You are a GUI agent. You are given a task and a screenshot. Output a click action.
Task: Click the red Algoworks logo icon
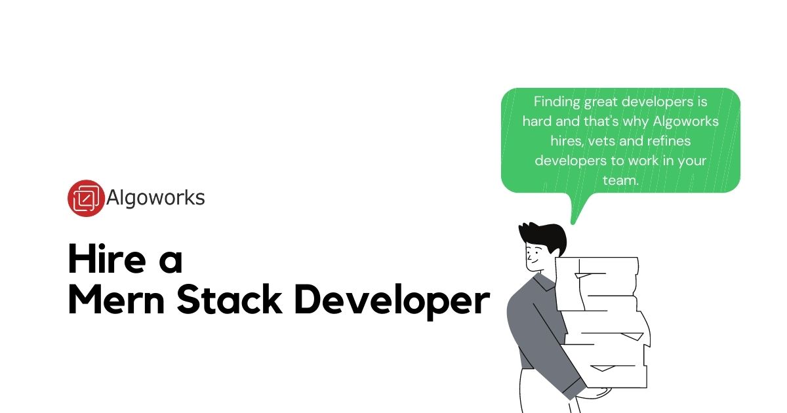coord(86,198)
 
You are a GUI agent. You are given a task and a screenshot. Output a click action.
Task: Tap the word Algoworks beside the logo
coord(155,198)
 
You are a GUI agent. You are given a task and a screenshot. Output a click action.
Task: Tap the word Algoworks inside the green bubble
coord(684,122)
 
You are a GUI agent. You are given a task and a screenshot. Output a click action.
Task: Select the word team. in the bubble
coord(620,180)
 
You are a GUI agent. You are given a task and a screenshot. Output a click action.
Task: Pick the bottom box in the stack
coord(616,374)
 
